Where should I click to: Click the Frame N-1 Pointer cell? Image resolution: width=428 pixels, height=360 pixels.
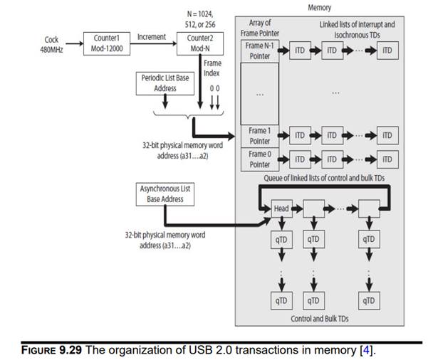[259, 51]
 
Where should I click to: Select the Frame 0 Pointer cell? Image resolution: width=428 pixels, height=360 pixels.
[259, 159]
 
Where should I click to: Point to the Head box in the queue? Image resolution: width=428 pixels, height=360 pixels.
[282, 209]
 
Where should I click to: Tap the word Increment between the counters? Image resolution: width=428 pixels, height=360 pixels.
[151, 36]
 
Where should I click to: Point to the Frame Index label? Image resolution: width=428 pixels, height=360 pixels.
[212, 68]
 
